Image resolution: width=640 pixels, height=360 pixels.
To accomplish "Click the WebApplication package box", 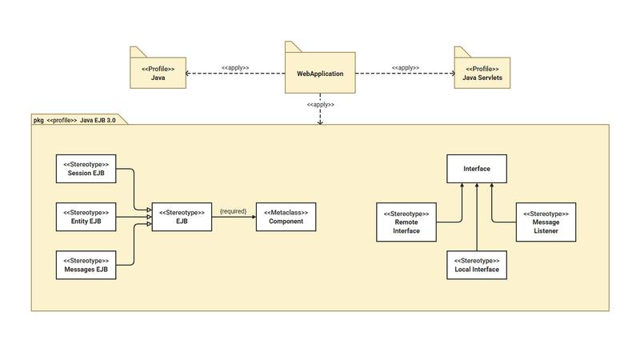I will (x=319, y=74).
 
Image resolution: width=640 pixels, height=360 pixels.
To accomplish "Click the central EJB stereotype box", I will (x=182, y=217).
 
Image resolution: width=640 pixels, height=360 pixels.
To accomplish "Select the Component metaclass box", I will (x=285, y=217).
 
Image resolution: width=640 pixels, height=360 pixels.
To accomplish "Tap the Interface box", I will (x=477, y=169).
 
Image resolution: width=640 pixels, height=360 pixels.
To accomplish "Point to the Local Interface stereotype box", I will (x=477, y=265).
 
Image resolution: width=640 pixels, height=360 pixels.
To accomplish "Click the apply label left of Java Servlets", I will (x=406, y=67).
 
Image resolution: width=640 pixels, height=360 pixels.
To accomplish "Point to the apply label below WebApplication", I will (x=320, y=104).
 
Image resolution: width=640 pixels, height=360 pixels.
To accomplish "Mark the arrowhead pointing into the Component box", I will (x=252, y=217).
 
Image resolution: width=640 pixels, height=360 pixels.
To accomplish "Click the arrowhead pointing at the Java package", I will (x=189, y=74).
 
